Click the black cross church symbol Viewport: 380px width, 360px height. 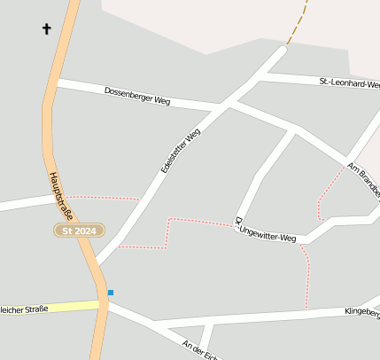pyautogui.click(x=47, y=28)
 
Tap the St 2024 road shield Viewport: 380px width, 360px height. pyautogui.click(x=79, y=231)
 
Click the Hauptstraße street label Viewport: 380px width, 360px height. pyautogui.click(x=65, y=192)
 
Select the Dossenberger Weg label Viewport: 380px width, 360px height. pyautogui.click(x=136, y=96)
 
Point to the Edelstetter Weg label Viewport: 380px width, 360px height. pyautogui.click(x=181, y=149)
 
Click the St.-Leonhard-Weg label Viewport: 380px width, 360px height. pyautogui.click(x=349, y=83)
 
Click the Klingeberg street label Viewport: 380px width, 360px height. pyautogui.click(x=362, y=313)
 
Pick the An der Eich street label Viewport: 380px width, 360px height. pyautogui.click(x=198, y=349)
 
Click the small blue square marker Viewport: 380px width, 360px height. pyautogui.click(x=111, y=292)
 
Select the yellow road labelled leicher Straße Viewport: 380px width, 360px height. pyautogui.click(x=53, y=308)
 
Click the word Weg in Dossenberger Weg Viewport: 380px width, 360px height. pyautogui.click(x=161, y=100)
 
